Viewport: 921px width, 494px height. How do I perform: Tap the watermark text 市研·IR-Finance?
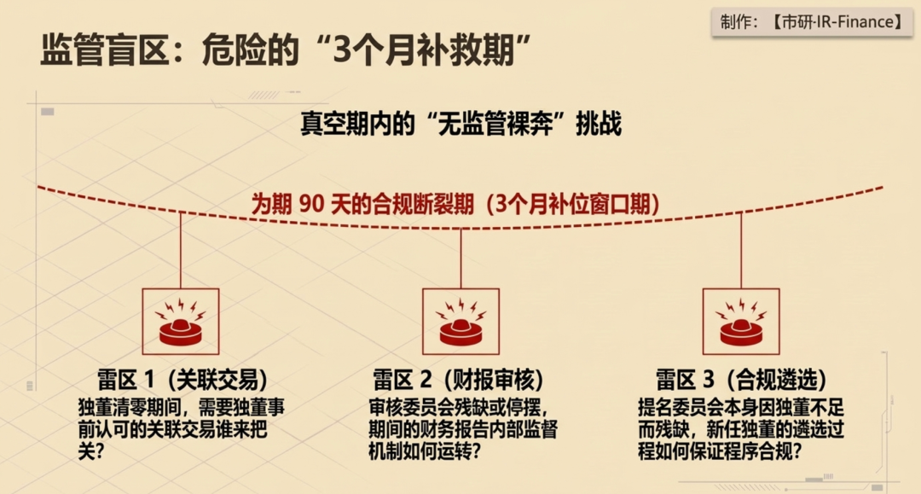click(838, 22)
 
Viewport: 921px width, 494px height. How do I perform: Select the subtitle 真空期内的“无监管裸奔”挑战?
click(461, 124)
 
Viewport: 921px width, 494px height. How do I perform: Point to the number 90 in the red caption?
click(311, 204)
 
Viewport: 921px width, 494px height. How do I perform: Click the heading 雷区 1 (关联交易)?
click(182, 380)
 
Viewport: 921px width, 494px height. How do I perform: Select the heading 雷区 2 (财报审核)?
click(459, 380)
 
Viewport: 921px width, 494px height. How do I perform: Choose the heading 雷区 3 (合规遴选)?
click(741, 380)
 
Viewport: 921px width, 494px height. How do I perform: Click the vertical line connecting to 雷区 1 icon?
click(180, 250)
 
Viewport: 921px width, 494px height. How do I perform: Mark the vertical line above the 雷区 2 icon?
click(461, 259)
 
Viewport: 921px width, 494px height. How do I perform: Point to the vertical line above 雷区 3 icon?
click(741, 250)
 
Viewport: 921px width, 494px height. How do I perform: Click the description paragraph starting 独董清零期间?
click(181, 429)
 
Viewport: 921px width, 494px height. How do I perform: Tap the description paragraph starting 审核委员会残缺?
click(463, 429)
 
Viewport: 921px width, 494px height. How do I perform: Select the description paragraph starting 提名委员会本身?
click(741, 429)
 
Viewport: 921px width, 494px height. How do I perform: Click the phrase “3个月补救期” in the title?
click(422, 50)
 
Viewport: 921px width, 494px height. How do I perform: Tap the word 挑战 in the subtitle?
click(599, 124)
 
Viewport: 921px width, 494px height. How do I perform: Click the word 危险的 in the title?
click(251, 50)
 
